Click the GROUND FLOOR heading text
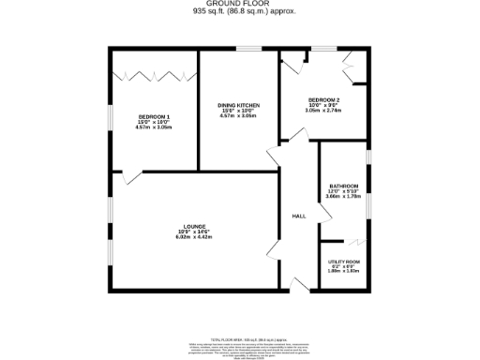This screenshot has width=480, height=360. pos(239,5)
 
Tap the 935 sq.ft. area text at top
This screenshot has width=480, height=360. pos(239,13)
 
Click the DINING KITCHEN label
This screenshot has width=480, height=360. pos(238,105)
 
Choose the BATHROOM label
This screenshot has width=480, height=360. pos(343,186)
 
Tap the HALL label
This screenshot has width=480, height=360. pos(299,217)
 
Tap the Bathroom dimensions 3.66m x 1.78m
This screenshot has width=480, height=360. pos(343,197)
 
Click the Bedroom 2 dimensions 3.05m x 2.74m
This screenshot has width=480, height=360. pos(323,111)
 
